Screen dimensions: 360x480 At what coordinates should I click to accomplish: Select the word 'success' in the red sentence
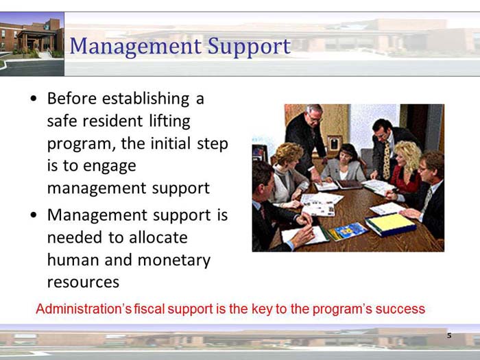coord(401,309)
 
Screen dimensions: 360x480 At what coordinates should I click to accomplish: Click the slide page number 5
coord(449,336)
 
